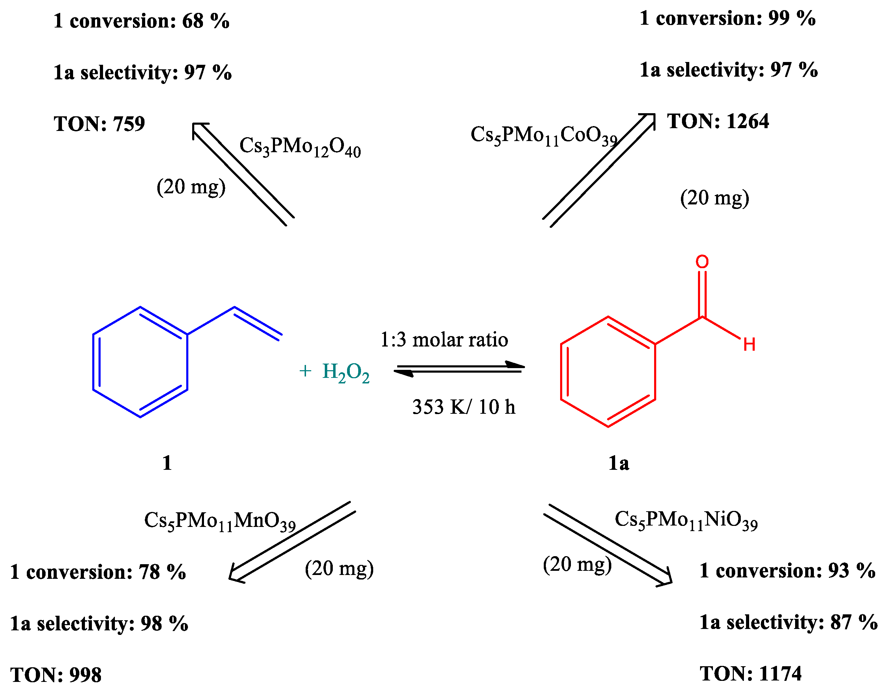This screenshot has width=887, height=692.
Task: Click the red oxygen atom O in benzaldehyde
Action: (702, 262)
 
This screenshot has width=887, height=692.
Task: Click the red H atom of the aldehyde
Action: (749, 344)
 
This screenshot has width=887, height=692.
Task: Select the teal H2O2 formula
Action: (346, 372)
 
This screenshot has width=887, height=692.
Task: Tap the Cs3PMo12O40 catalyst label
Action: (300, 147)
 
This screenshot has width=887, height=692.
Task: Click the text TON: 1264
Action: (718, 121)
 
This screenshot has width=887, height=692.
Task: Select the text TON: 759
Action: (99, 124)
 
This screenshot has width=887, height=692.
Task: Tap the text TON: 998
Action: (56, 675)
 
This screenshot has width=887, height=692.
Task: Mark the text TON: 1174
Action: (751, 673)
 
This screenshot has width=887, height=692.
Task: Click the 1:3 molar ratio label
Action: (444, 340)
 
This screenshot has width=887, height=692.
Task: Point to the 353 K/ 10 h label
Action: (463, 407)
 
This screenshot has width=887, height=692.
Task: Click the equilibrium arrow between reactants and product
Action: (459, 368)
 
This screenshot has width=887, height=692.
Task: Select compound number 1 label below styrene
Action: (167, 462)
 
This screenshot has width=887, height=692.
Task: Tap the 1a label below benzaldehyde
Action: (619, 463)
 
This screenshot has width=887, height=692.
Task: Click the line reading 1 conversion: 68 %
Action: (141, 21)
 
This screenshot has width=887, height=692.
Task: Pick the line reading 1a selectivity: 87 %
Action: (788, 622)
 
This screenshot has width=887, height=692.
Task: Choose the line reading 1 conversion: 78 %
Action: (98, 572)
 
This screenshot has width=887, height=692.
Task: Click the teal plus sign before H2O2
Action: (305, 371)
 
